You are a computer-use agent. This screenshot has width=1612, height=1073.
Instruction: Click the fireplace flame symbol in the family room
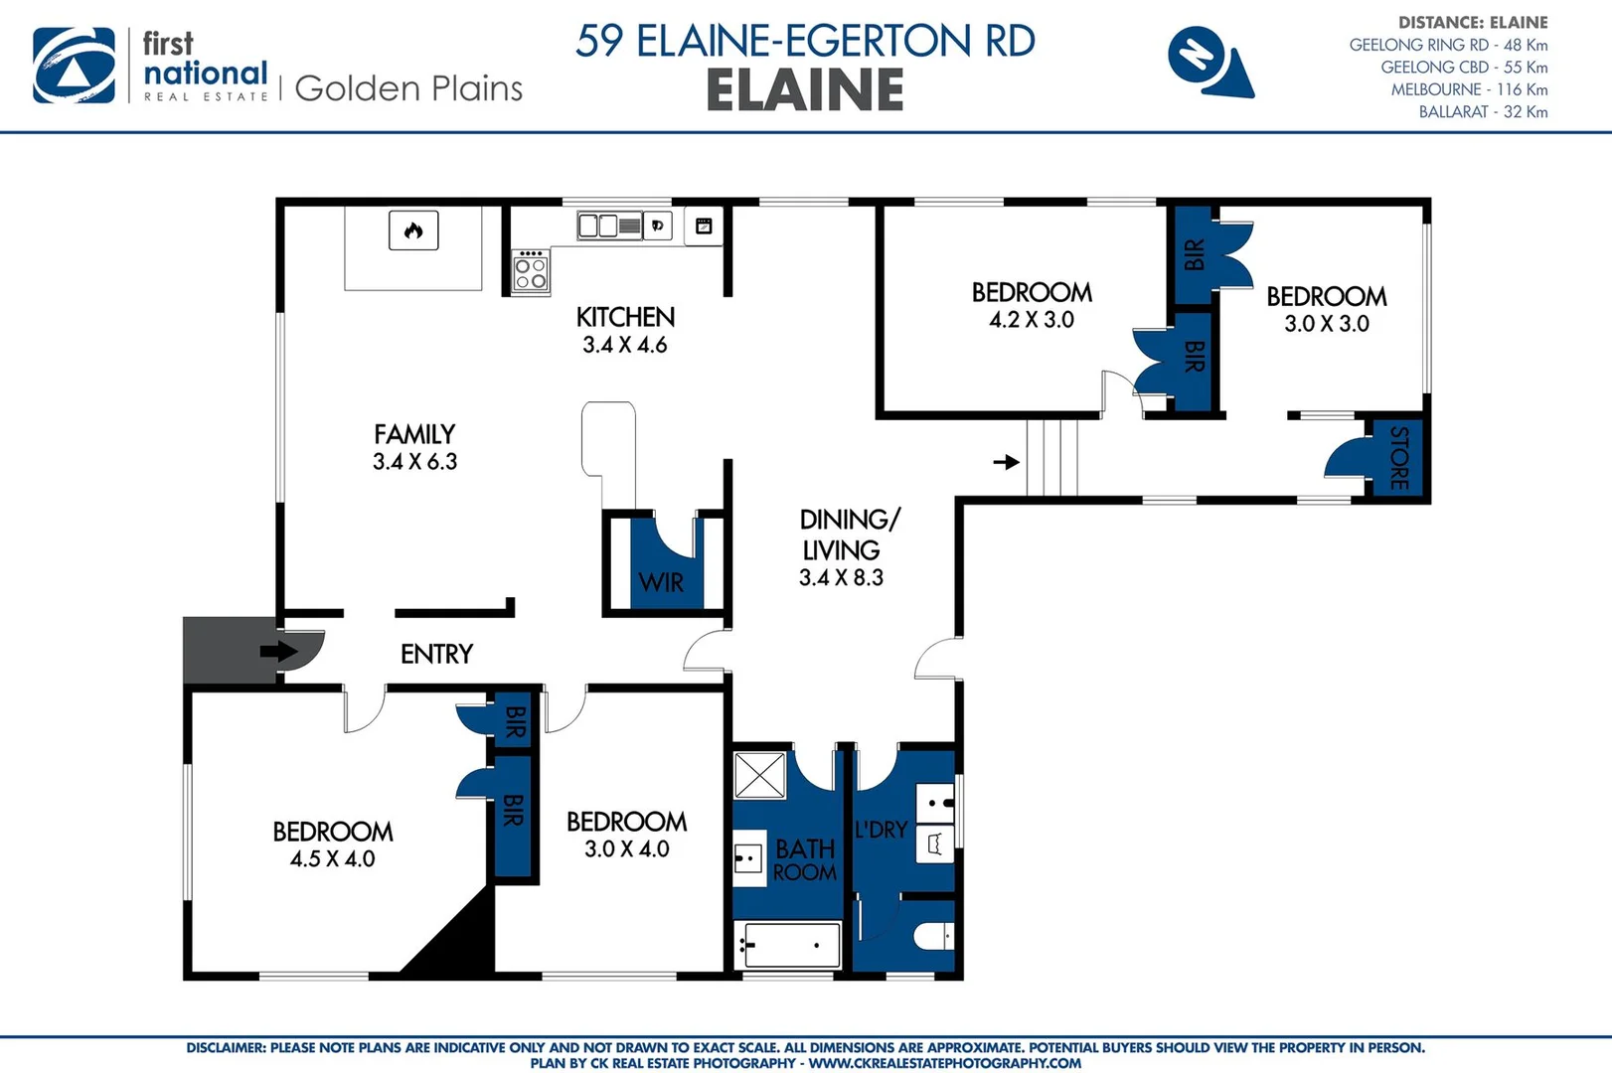(x=413, y=230)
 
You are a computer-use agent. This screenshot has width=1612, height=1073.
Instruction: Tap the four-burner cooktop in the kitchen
(x=531, y=272)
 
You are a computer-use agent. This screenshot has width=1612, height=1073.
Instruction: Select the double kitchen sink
(x=609, y=227)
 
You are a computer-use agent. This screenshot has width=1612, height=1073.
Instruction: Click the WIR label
(x=661, y=583)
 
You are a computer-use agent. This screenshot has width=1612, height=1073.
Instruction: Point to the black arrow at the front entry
(x=278, y=652)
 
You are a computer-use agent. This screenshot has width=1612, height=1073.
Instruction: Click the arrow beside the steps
(x=1007, y=462)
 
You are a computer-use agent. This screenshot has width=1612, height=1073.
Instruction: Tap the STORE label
(x=1399, y=458)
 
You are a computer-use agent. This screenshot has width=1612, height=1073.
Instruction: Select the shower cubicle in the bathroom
(x=760, y=775)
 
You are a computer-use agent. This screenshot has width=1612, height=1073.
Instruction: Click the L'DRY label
(x=881, y=830)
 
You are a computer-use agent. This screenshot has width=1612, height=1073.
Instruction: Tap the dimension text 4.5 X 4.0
(x=332, y=859)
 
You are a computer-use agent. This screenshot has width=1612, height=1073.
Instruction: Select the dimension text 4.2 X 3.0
(x=1032, y=320)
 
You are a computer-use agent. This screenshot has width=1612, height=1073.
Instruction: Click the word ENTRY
(x=436, y=654)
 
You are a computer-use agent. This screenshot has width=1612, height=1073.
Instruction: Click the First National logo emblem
(x=74, y=66)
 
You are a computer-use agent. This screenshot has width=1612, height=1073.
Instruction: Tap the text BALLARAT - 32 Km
(x=1483, y=112)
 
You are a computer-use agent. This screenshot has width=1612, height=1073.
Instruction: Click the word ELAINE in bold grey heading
(x=805, y=90)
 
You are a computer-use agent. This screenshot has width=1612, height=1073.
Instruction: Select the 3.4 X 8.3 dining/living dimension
(x=841, y=578)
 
